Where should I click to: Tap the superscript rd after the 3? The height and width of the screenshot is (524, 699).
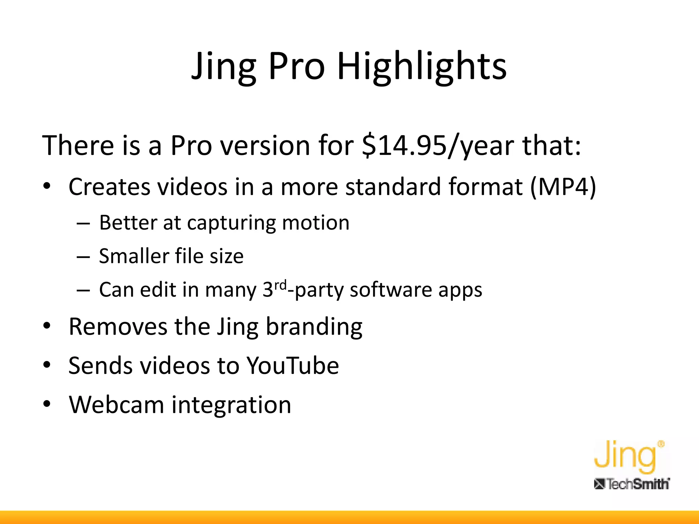click(x=281, y=285)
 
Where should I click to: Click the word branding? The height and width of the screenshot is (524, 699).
click(x=314, y=327)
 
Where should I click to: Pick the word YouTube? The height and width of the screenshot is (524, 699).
click(x=293, y=366)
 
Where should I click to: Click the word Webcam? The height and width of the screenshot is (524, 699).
click(x=116, y=405)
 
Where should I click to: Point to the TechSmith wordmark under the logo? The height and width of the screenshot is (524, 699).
click(x=632, y=484)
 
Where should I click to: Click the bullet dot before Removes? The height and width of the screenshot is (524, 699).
click(x=47, y=326)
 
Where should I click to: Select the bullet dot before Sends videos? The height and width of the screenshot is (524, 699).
click(x=47, y=365)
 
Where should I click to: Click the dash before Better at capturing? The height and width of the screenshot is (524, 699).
click(x=83, y=224)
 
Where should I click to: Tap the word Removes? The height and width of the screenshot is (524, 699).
click(x=118, y=327)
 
